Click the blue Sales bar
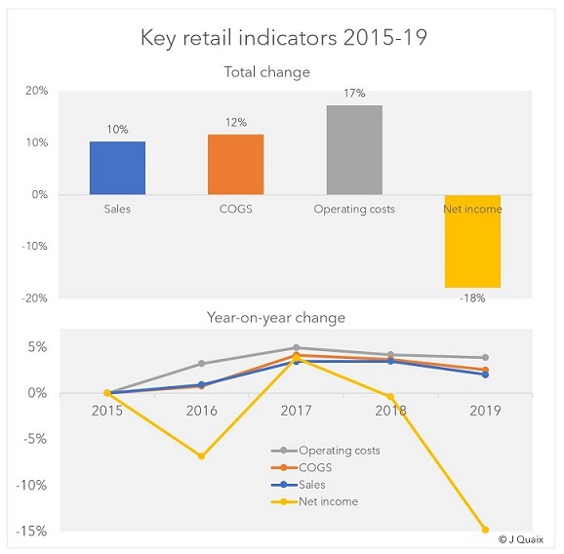[x=118, y=168]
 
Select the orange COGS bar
[x=236, y=164]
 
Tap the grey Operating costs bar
[x=354, y=150]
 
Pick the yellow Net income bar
[x=472, y=241]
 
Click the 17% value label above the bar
[x=354, y=93]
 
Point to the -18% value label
[x=472, y=298]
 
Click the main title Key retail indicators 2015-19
[x=283, y=37]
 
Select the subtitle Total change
[x=267, y=72]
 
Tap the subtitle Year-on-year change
[x=276, y=318]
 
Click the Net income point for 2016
[x=201, y=455]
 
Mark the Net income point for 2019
[x=485, y=530]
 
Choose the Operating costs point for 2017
[x=296, y=347]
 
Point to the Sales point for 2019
[x=485, y=375]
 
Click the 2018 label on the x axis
[x=390, y=411]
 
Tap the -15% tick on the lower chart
[x=31, y=531]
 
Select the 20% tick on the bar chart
[x=36, y=91]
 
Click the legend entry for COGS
[x=302, y=467]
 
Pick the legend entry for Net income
[x=314, y=501]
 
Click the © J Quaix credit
[x=521, y=539]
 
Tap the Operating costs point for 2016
[x=201, y=364]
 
